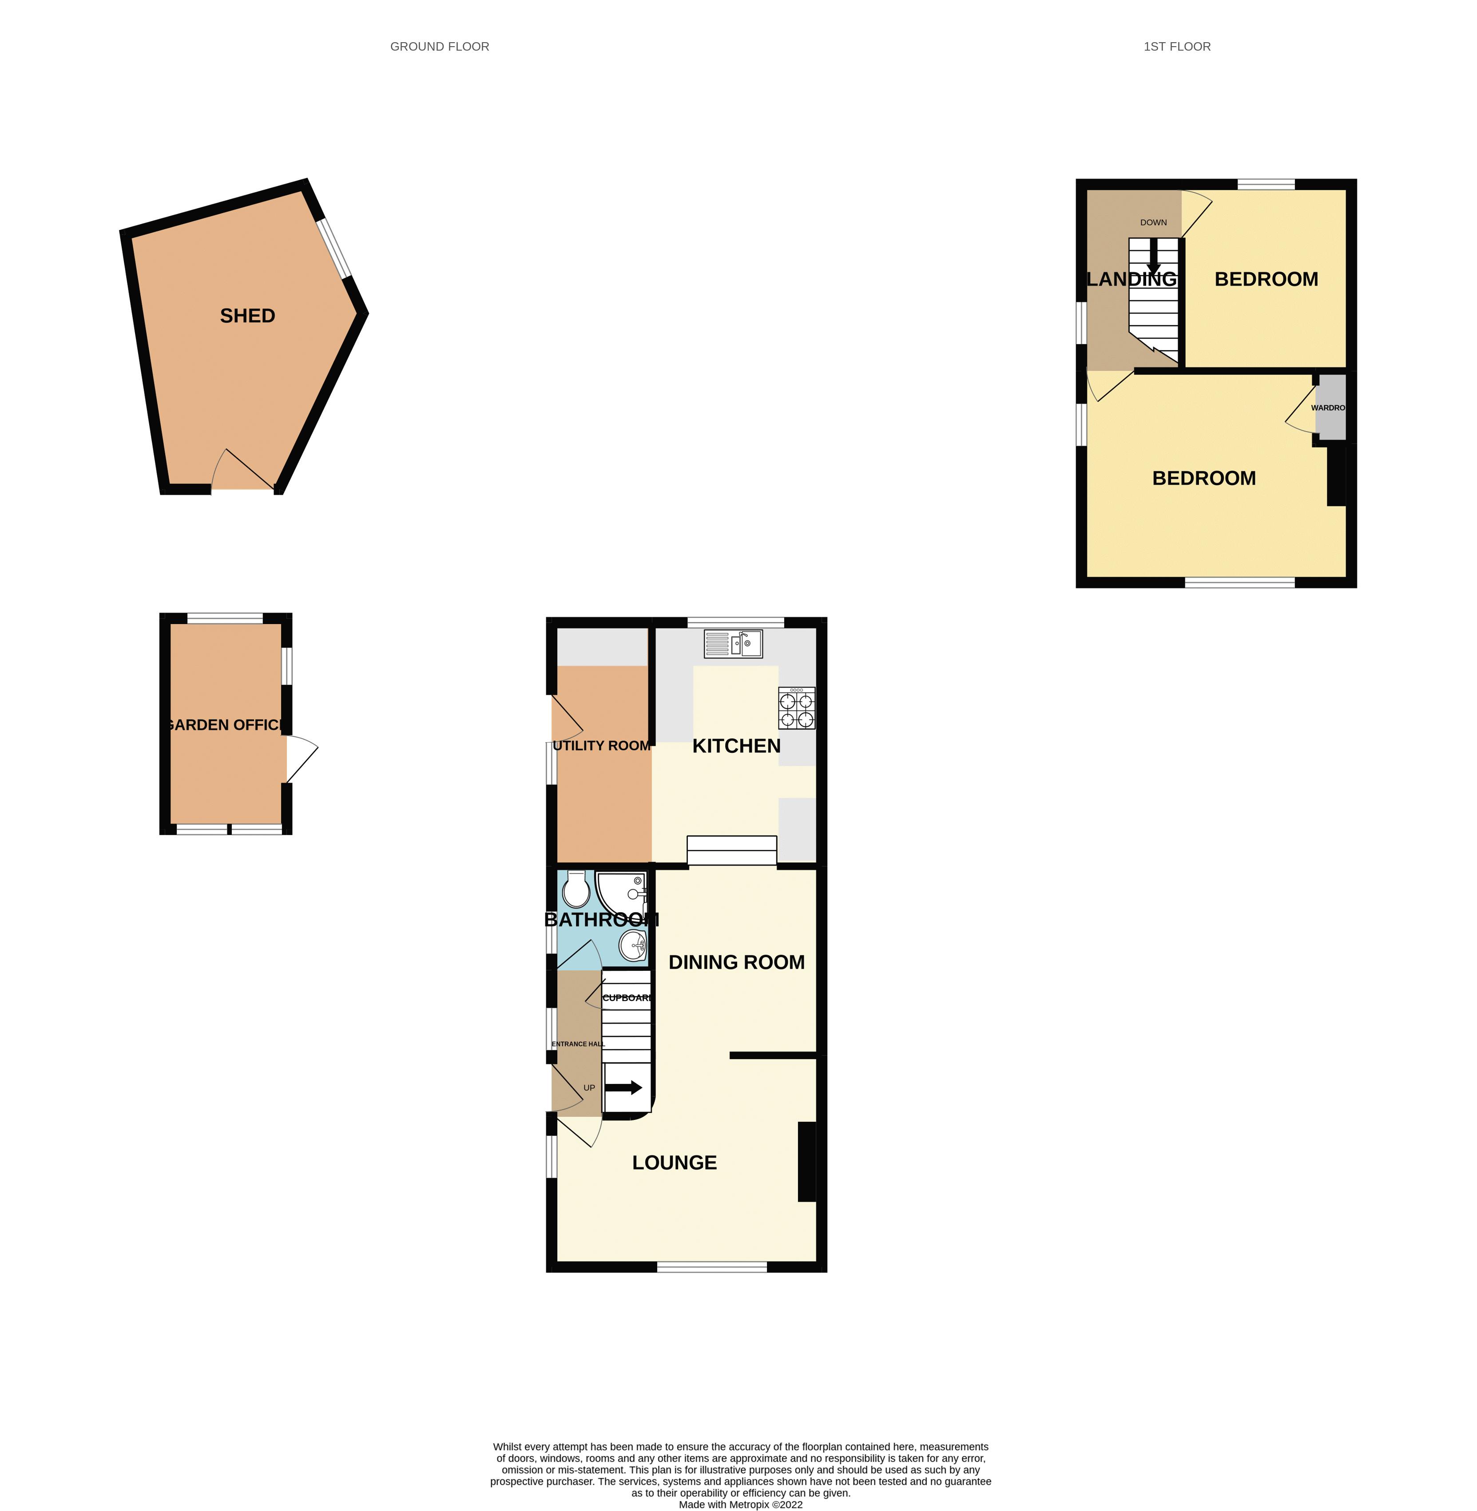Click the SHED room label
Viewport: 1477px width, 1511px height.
click(x=247, y=316)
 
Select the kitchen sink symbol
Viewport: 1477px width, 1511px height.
click(x=733, y=644)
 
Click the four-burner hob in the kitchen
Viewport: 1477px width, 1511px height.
click(x=797, y=708)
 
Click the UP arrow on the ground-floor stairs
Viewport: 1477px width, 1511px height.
click(x=623, y=1088)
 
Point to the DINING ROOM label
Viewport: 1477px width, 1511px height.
click(x=736, y=962)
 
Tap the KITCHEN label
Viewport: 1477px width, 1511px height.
click(x=736, y=746)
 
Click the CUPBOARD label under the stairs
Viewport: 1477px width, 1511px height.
click(x=627, y=998)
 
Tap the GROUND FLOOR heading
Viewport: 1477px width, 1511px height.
click(x=439, y=47)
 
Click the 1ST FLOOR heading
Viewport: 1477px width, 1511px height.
click(x=1177, y=47)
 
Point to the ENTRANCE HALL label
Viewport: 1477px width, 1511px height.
click(x=578, y=1044)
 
